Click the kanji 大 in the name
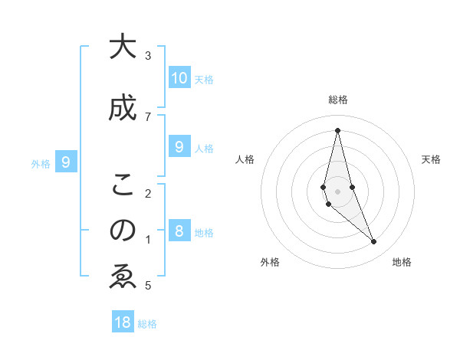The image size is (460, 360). click(122, 47)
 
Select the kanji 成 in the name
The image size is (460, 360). click(122, 109)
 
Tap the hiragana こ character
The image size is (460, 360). click(122, 185)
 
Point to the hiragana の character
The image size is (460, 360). click(122, 231)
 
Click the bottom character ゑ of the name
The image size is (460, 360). click(122, 277)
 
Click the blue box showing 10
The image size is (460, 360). click(179, 78)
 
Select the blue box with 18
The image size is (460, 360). click(123, 322)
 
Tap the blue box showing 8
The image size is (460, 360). click(179, 232)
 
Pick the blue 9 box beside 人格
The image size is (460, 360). click(179, 148)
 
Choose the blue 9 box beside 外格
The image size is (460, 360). click(67, 162)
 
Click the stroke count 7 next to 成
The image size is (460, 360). click(148, 116)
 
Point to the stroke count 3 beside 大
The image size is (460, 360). click(148, 55)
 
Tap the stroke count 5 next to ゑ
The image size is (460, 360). click(148, 286)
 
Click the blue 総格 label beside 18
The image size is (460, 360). click(147, 324)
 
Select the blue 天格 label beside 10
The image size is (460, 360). click(204, 80)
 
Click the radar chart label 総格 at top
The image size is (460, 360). click(337, 100)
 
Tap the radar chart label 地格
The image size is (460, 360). click(402, 262)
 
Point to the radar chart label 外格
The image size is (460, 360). click(270, 262)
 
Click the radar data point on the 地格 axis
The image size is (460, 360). click(374, 242)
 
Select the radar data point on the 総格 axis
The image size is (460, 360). click(337, 130)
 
